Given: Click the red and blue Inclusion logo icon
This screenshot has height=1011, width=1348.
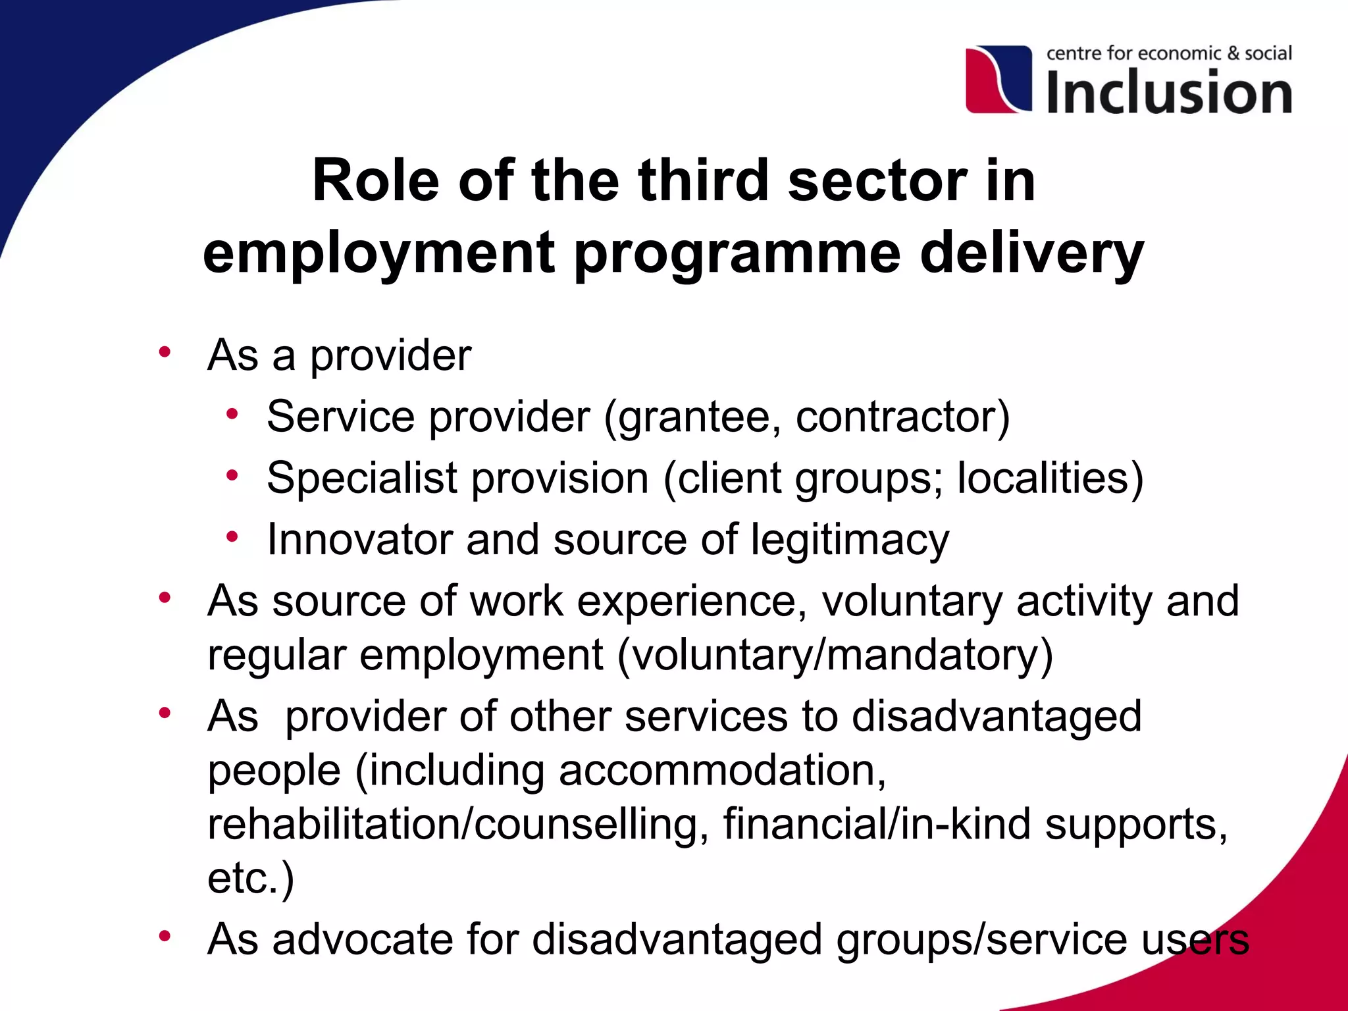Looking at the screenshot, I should coord(998,79).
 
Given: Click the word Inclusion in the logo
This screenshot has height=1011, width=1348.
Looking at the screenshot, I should coord(1169,92).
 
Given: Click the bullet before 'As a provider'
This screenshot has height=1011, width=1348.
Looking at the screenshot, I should coord(165,351).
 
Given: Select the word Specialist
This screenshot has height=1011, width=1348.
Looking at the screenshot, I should coord(362,479).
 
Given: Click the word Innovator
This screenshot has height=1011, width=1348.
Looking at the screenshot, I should coord(359,540).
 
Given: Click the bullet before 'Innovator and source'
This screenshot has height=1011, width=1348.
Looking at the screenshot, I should coord(232,536).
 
